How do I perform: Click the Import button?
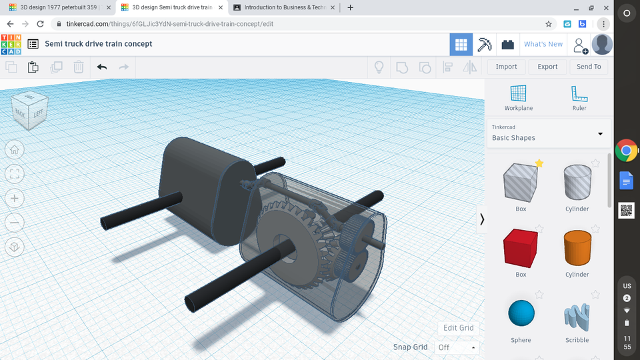(x=506, y=67)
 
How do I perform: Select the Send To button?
(x=589, y=67)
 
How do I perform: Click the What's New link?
(x=543, y=44)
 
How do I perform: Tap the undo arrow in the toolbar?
(x=102, y=67)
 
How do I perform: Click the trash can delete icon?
(x=78, y=67)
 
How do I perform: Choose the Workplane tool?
(x=518, y=97)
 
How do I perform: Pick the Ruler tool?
(x=579, y=97)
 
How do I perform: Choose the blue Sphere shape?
(x=521, y=313)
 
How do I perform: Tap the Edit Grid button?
(x=459, y=328)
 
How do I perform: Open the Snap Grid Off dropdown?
(x=457, y=347)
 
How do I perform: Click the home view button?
(x=15, y=150)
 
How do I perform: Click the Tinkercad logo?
(x=11, y=44)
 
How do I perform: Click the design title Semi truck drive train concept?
(x=99, y=44)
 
